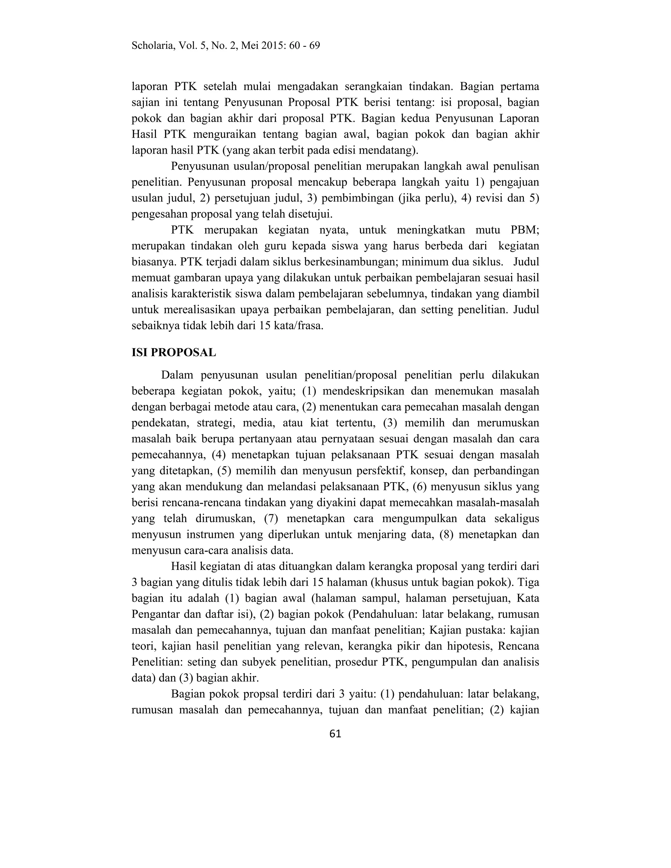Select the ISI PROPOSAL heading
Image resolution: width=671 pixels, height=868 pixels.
coord(174,352)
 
